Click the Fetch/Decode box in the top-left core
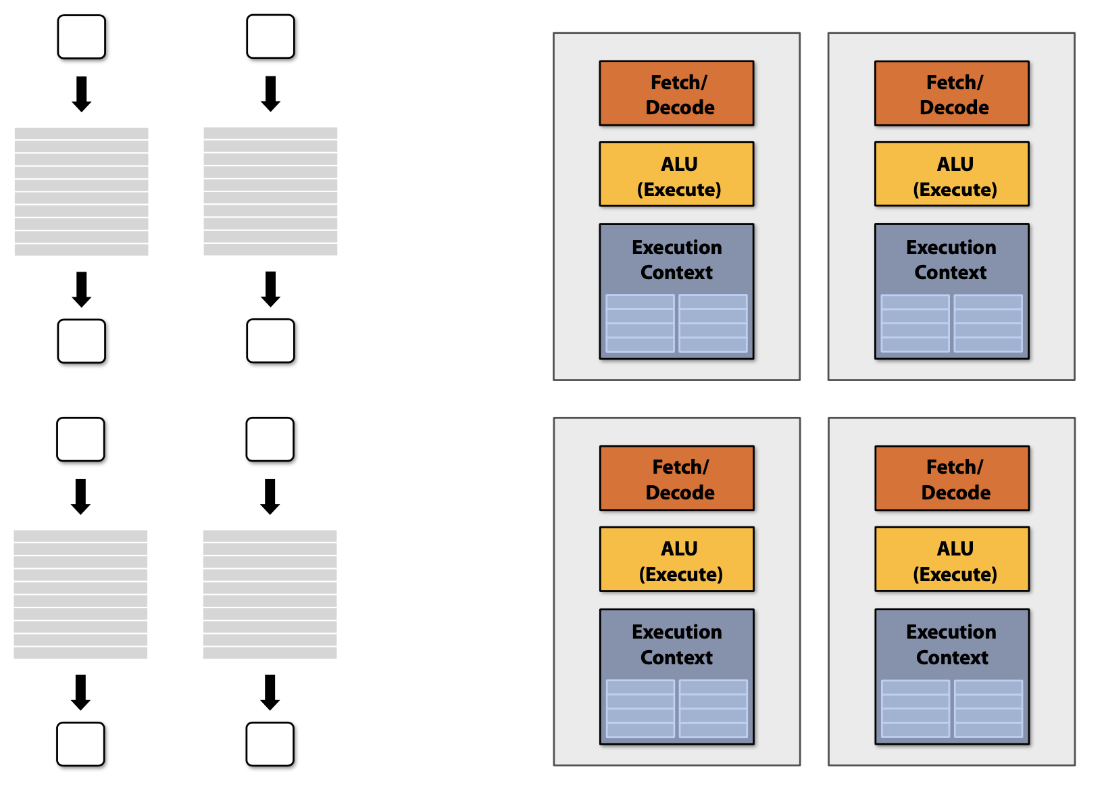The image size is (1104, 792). [676, 94]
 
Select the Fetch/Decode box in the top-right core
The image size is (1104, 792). [951, 94]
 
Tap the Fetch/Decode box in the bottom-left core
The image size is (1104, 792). [676, 478]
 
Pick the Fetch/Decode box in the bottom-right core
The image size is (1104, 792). [951, 478]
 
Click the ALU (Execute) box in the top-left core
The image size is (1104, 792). [676, 174]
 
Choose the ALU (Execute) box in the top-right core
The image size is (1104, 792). [951, 174]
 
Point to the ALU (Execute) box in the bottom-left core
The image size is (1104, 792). [676, 560]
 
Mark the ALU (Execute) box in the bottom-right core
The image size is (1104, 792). [951, 560]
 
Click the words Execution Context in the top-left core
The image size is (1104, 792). [676, 259]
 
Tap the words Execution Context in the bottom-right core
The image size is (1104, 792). [951, 645]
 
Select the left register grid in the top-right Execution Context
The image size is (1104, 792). [915, 323]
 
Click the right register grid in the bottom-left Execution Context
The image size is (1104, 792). [713, 708]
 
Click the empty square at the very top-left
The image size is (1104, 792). [82, 37]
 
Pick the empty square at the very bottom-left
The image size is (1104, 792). [80, 744]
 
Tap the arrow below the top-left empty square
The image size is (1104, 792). [82, 94]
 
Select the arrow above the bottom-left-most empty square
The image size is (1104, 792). [80, 693]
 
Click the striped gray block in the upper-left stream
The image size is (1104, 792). [81, 191]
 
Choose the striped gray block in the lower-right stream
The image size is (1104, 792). [270, 594]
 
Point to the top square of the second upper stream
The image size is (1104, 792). [270, 36]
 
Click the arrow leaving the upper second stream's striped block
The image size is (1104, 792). [270, 289]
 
